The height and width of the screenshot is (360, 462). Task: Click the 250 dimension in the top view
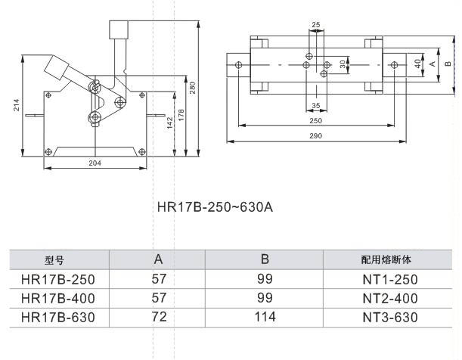(x=316, y=120)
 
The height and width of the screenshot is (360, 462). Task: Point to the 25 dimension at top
(x=316, y=25)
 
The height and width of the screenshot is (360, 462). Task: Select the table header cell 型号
(x=57, y=259)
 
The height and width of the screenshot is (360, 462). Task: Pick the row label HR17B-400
(x=59, y=298)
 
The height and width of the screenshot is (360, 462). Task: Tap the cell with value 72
(x=159, y=317)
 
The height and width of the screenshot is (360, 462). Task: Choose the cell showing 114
(x=265, y=317)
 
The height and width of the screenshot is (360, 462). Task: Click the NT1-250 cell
(x=389, y=279)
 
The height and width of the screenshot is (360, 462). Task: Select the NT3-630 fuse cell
(x=389, y=317)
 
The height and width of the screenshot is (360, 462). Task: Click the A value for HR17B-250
(x=159, y=279)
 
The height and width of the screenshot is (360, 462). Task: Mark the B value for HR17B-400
(x=265, y=298)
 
